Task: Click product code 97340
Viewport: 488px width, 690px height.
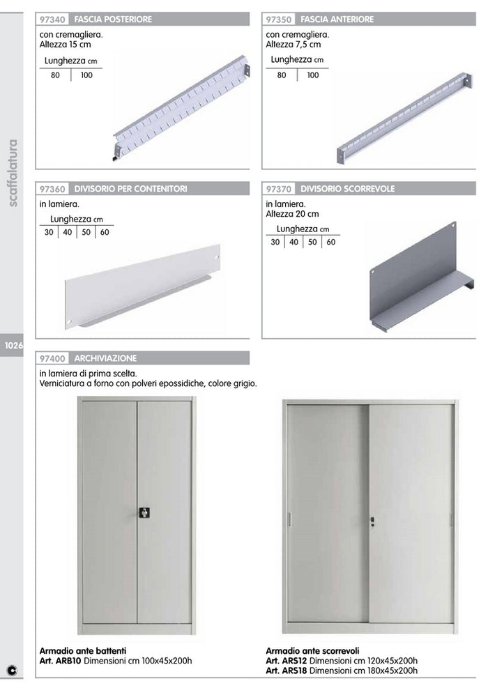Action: pos(54,20)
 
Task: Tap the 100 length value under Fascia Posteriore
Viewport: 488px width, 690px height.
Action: pos(86,75)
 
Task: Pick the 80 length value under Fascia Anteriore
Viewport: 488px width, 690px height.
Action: pos(282,75)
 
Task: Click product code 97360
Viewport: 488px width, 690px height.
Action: pos(54,189)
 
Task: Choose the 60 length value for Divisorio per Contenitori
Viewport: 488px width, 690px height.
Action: pos(105,233)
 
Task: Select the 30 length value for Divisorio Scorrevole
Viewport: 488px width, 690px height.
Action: pos(275,242)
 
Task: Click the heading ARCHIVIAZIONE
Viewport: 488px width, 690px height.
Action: pos(106,358)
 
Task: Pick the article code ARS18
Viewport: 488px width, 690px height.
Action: pos(294,670)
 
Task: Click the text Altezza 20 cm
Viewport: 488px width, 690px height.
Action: pos(292,214)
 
